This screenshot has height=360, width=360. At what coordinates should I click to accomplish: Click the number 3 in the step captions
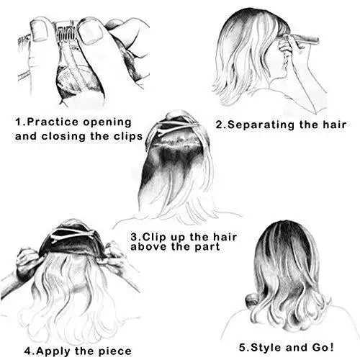(134, 235)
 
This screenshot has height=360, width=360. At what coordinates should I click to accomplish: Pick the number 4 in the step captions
(27, 352)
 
